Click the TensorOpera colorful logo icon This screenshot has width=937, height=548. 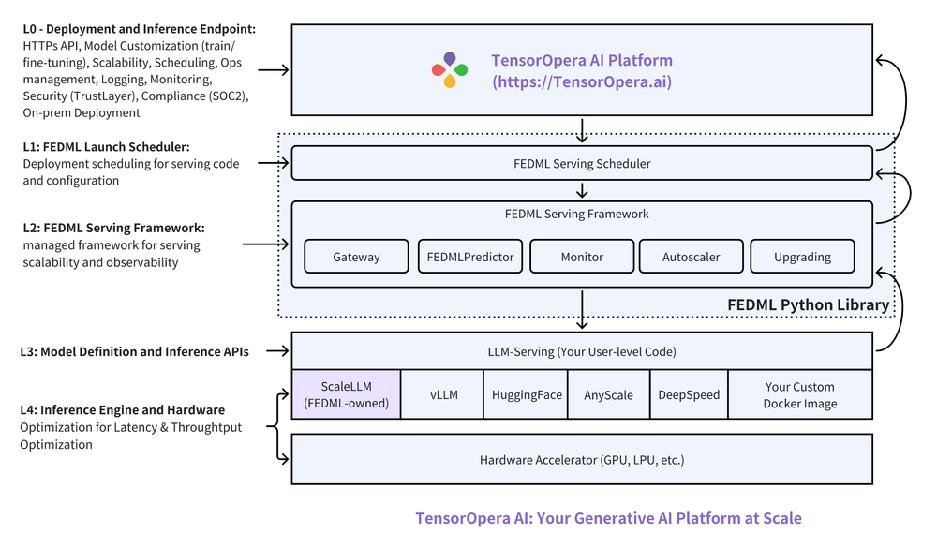[x=450, y=70]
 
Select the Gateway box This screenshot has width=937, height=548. [x=356, y=257]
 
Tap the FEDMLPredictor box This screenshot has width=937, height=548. [x=468, y=257]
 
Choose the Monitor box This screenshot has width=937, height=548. [x=582, y=257]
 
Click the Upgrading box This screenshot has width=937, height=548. [x=802, y=257]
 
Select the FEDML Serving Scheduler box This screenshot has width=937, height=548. [x=582, y=163]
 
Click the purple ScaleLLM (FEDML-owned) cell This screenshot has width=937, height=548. [x=346, y=394]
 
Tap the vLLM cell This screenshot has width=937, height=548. [x=443, y=394]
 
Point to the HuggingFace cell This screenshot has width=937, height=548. [x=527, y=394]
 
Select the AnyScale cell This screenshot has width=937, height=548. [x=608, y=394]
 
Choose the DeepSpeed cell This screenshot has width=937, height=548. [x=688, y=394]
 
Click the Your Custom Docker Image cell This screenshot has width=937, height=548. [x=799, y=394]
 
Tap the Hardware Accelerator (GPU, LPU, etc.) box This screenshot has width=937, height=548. [x=582, y=459]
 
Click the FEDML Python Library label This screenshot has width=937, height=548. [x=808, y=305]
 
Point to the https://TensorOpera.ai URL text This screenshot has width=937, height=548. [x=582, y=81]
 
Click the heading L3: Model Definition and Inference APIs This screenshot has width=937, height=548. [x=134, y=352]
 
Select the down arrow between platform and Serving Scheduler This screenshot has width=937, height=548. [x=582, y=130]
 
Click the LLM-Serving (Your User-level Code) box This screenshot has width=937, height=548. [x=582, y=352]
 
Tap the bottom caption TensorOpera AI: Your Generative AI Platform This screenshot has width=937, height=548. [x=608, y=518]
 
